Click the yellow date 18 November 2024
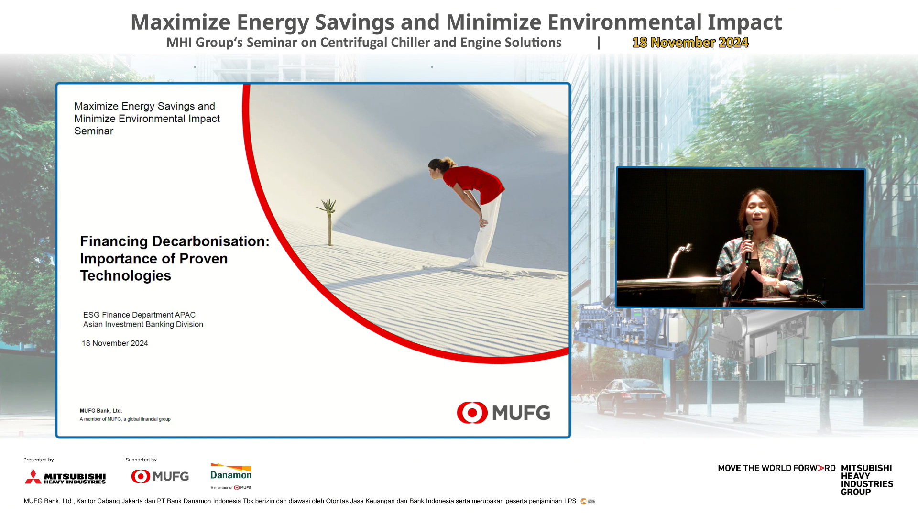[x=690, y=43]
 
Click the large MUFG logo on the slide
[x=503, y=413]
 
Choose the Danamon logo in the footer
[x=231, y=476]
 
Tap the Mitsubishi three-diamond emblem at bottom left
[x=33, y=477]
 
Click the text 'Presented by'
[x=39, y=460]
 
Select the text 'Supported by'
[x=141, y=460]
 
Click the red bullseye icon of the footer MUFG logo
[x=141, y=476]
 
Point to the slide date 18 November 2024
[x=115, y=343]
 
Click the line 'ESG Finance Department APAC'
[x=139, y=315]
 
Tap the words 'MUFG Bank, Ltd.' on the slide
[x=101, y=411]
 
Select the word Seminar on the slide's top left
[x=94, y=131]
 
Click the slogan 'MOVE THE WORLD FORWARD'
[x=776, y=468]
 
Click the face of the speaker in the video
[x=757, y=214]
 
